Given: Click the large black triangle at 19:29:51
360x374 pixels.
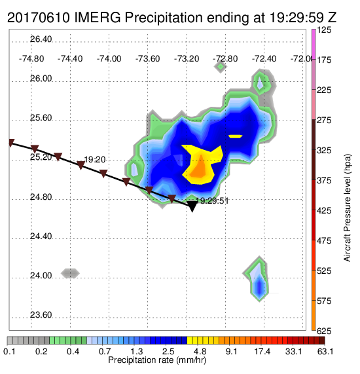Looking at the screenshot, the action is [192, 206].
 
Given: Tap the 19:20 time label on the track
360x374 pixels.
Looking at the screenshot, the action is [95, 160].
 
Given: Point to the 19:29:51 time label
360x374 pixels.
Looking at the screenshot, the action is [212, 201].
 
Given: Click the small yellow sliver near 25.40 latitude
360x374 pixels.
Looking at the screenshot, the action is [236, 136].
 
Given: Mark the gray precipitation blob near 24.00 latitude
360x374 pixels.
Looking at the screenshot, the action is [70, 273].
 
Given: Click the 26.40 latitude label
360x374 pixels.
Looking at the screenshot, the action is [41, 39].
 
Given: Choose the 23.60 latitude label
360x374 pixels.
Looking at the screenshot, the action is [41, 315].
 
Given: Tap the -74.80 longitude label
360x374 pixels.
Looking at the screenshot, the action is [31, 59].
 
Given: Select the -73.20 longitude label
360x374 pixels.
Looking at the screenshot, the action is [187, 59].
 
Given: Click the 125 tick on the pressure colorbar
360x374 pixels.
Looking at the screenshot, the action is [324, 30].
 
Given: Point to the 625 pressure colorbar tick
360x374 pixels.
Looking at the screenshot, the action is [324, 331].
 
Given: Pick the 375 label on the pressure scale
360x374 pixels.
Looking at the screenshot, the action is [324, 180].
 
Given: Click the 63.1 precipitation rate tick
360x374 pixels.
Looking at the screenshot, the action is [325, 351].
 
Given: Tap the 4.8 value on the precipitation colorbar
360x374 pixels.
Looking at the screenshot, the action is [200, 351].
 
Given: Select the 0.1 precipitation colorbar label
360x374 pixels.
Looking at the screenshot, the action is [9, 351].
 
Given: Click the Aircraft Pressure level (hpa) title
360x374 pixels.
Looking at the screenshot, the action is [348, 208].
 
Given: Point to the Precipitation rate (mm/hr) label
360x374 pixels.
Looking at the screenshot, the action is [157, 360].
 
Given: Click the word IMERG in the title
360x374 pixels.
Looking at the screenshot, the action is [98, 18].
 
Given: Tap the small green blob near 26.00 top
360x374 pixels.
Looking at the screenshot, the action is [221, 67].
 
